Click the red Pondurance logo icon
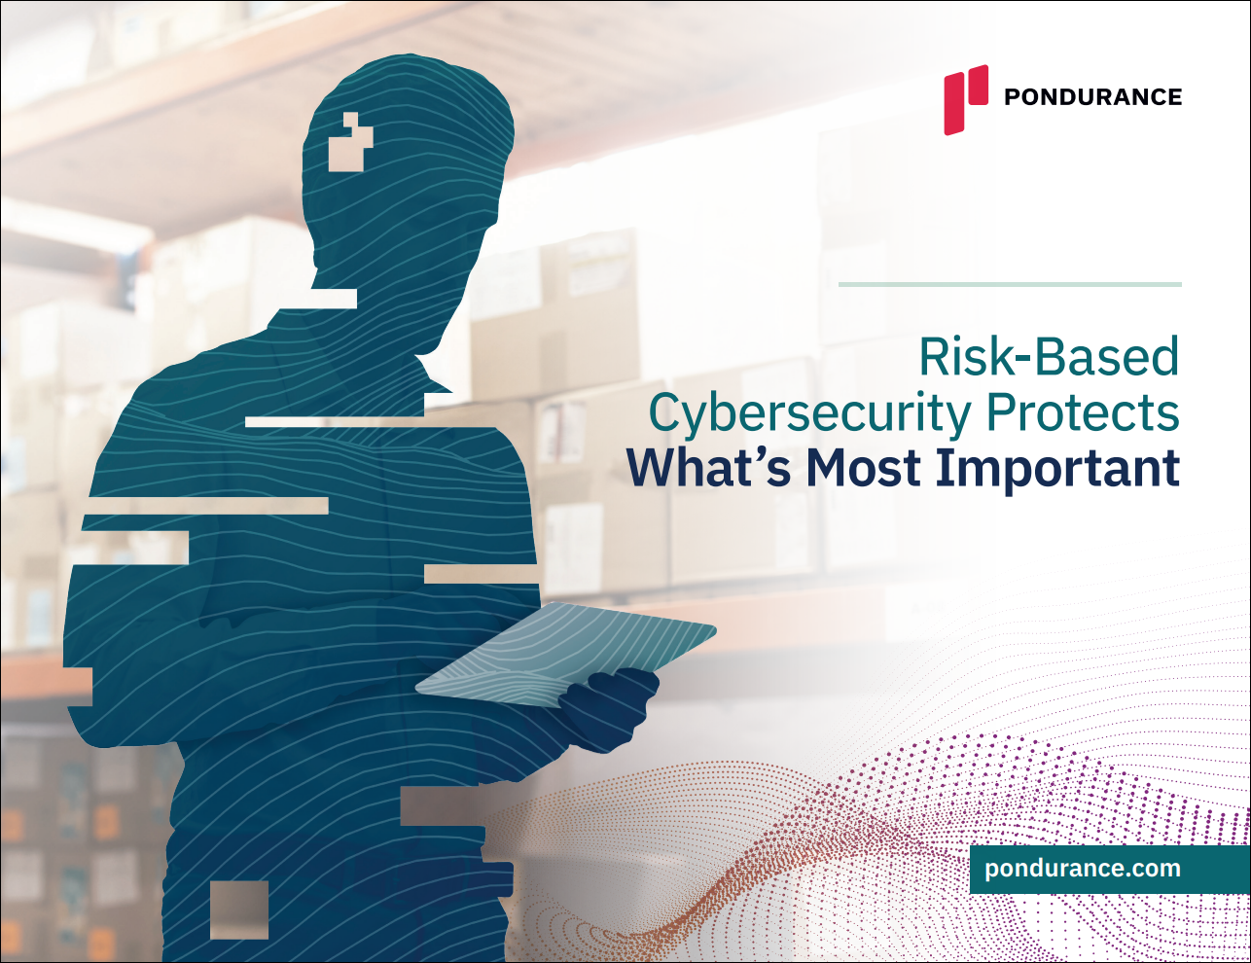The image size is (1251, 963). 965,99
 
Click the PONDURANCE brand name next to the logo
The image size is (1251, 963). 1092,96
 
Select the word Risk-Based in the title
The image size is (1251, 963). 1050,357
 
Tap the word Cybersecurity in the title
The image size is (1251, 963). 810,414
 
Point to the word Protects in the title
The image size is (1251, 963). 1084,412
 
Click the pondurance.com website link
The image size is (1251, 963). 1083,868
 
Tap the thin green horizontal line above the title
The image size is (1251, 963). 1010,284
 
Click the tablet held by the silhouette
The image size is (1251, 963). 565,655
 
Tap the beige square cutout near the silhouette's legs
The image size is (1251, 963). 239,909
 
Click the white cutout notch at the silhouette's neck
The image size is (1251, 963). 334,299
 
